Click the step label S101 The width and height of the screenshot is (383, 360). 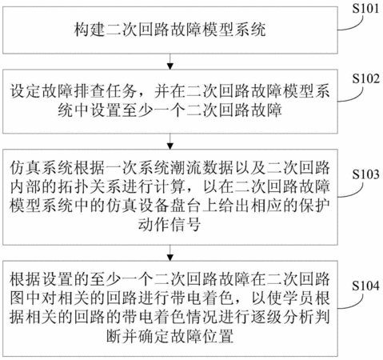[365, 9]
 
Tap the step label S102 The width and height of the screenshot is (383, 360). [365, 78]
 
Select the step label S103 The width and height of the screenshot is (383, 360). [365, 174]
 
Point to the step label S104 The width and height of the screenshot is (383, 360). [365, 286]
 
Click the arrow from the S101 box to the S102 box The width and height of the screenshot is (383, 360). [170, 62]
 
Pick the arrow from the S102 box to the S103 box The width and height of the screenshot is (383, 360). [170, 142]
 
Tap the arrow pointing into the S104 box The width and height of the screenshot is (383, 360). [170, 253]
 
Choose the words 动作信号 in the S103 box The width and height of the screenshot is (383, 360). [170, 225]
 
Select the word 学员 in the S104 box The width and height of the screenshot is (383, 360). [297, 298]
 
